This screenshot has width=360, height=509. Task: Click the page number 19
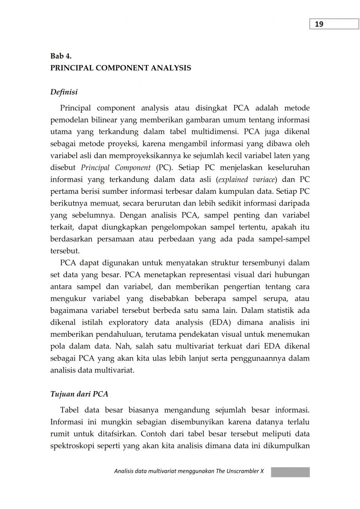pos(319,24)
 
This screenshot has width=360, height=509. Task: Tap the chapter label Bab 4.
pos(61,56)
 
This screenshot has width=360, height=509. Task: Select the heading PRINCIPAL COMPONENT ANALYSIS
pos(121,68)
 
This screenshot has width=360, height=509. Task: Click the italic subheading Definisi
pos(64,92)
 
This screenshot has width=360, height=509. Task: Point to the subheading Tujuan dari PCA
pos(79,394)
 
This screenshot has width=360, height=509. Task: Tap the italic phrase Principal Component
pos(116,168)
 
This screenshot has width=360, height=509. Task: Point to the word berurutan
pos(158,203)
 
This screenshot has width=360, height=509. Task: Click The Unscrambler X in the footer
pos(239,471)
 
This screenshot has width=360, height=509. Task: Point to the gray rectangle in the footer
pos(290,472)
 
